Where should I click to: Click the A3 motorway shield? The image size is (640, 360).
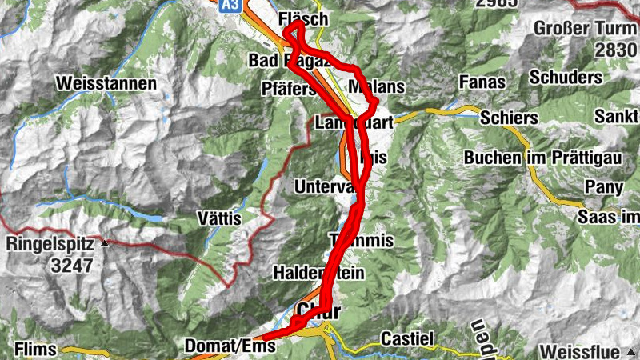point(230,6)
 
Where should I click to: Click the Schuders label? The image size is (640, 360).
point(565,78)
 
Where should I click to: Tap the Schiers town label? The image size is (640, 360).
point(510,118)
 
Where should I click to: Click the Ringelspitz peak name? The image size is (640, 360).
point(52,243)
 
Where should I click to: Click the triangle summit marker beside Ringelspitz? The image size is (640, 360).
point(106,243)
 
